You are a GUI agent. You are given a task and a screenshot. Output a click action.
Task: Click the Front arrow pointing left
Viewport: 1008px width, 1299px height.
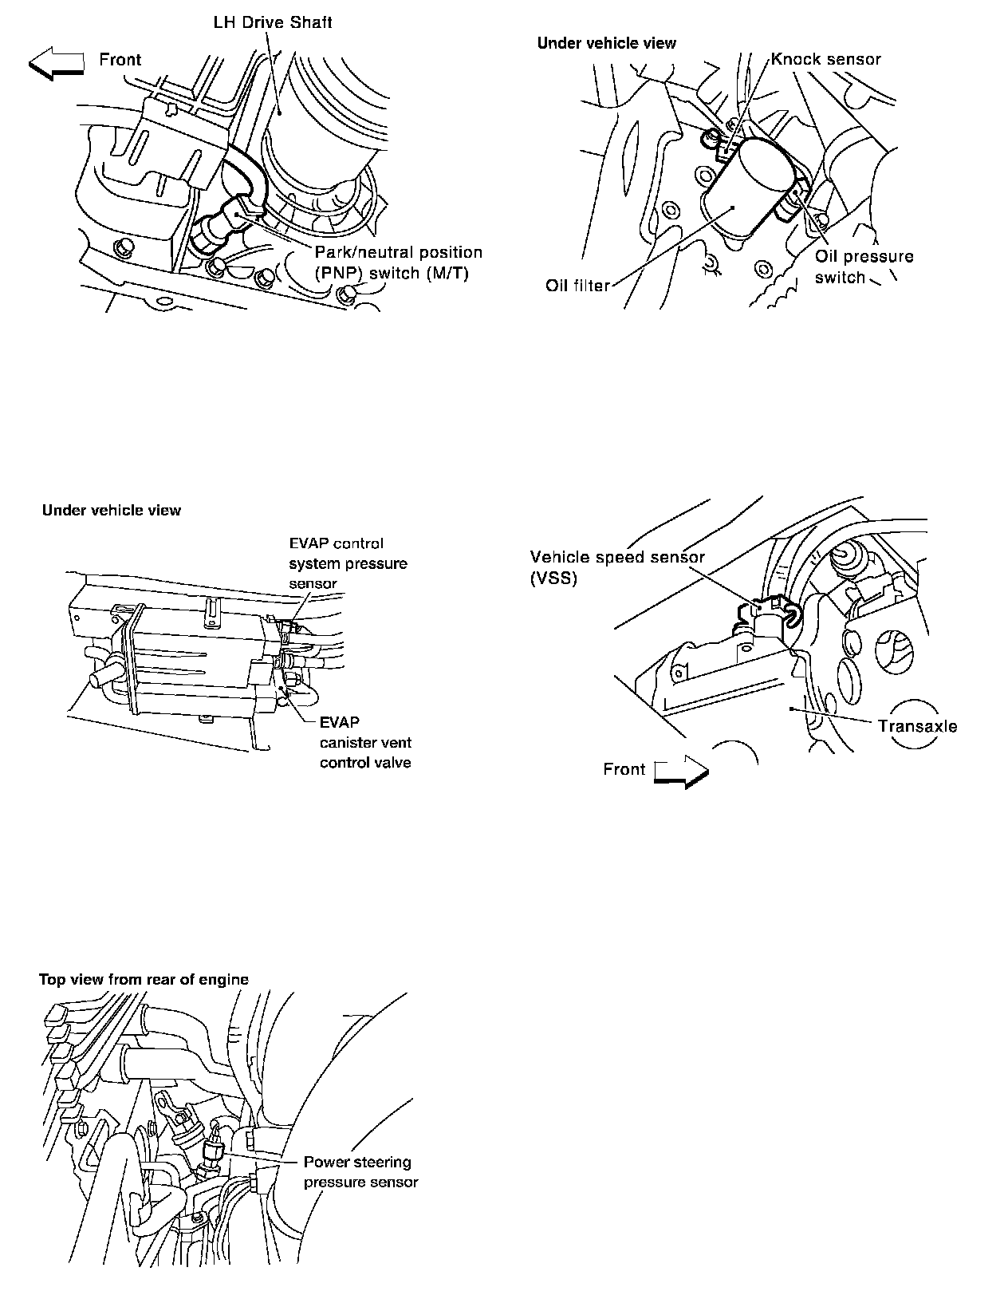point(57,63)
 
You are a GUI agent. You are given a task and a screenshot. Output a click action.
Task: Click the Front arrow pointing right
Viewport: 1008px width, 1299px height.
point(681,772)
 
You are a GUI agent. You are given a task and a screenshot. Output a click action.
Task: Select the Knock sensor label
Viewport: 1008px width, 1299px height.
point(825,59)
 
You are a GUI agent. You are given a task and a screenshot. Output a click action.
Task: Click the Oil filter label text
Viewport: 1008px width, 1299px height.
point(577,286)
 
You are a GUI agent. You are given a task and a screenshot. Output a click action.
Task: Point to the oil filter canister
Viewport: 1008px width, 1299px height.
point(746,191)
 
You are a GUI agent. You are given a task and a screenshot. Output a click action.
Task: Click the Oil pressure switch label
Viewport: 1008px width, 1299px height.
point(863,267)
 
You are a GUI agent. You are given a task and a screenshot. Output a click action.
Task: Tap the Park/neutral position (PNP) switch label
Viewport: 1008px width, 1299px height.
point(398,263)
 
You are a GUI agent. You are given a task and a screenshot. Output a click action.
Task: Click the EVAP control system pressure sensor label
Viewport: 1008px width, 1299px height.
point(348,563)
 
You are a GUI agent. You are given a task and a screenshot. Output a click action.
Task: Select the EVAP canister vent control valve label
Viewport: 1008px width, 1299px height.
point(365,742)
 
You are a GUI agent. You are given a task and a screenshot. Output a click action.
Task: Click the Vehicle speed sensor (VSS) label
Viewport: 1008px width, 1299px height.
point(617,567)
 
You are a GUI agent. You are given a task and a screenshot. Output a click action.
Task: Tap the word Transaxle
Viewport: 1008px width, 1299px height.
point(917,726)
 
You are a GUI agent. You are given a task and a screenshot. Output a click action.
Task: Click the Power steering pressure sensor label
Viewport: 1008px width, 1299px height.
point(360,1171)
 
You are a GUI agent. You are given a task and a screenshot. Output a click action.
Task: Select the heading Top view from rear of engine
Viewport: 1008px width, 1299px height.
point(144,979)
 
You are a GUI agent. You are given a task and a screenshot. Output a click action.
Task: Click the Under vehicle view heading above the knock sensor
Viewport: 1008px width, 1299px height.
point(606,43)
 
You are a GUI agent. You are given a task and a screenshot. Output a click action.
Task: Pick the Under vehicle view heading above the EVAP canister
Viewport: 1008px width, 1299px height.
point(112,510)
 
